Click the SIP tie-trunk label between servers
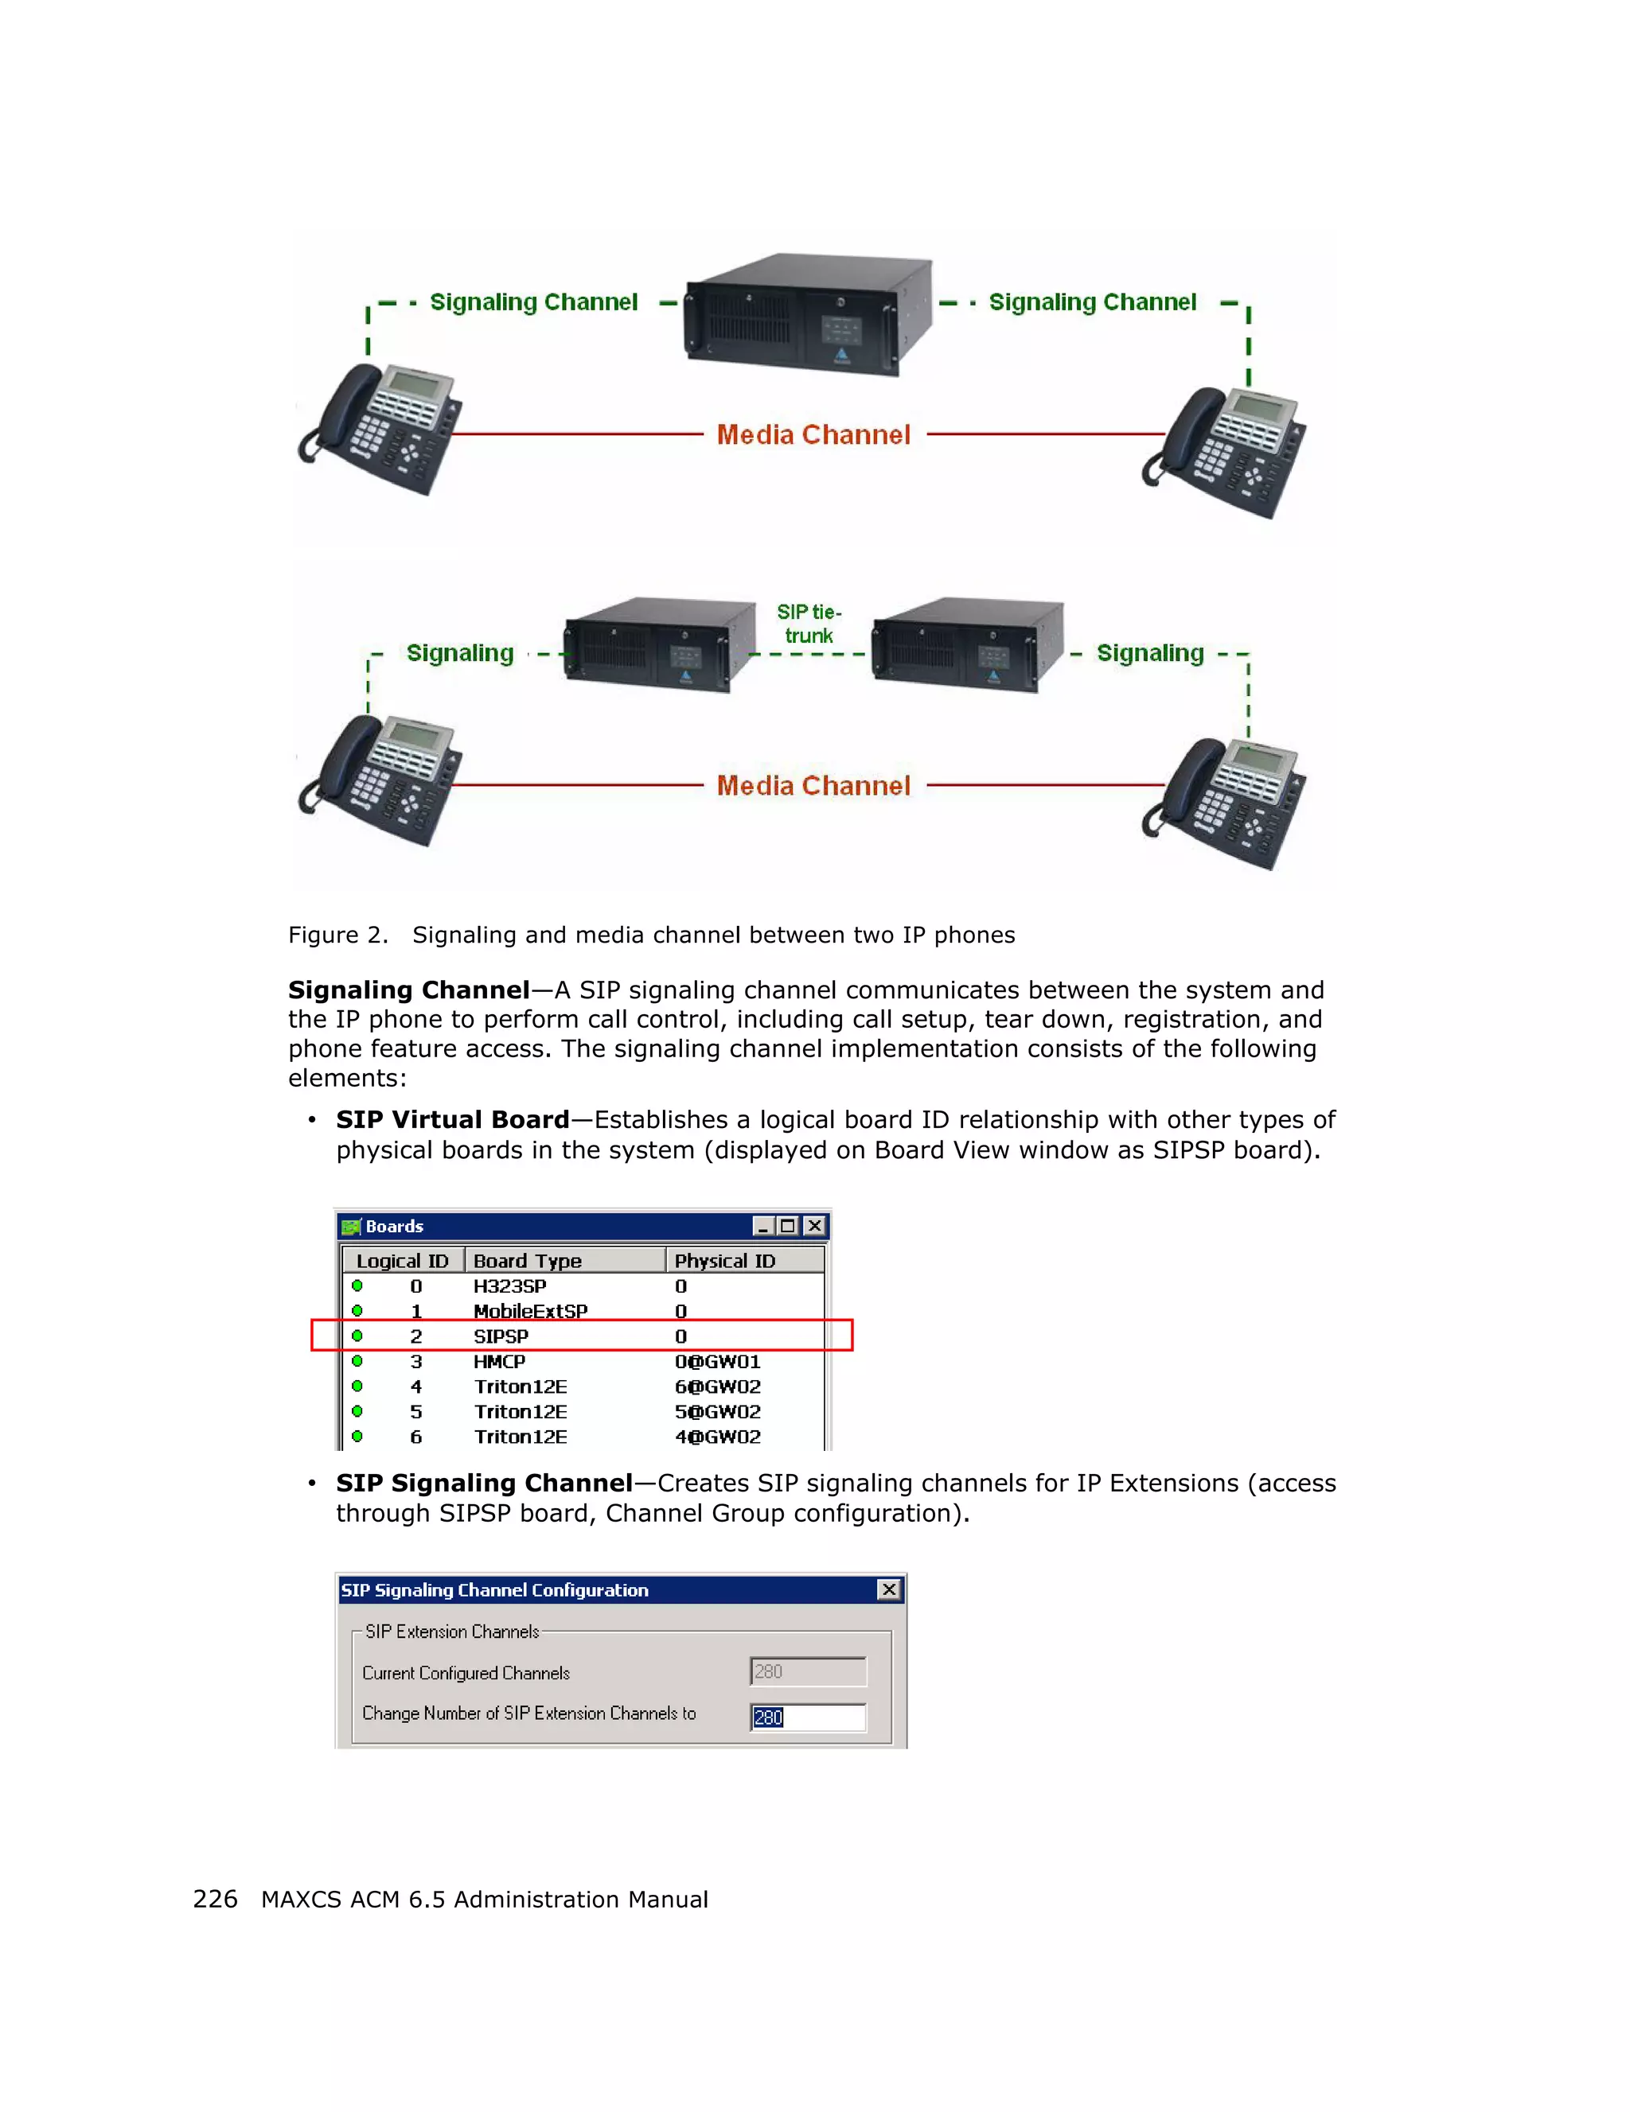[809, 624]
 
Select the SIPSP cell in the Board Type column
[501, 1336]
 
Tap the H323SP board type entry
[510, 1286]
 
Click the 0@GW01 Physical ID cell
[717, 1362]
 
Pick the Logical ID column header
[403, 1261]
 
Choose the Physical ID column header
[724, 1261]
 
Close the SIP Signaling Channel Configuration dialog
[888, 1590]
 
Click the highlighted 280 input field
[808, 1717]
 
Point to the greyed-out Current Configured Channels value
[808, 1672]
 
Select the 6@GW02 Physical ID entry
[717, 1387]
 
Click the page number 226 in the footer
[215, 1900]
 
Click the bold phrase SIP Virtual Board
[452, 1120]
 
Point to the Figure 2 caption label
[337, 935]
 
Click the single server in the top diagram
[808, 314]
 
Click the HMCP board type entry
[499, 1362]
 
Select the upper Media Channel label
[813, 435]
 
